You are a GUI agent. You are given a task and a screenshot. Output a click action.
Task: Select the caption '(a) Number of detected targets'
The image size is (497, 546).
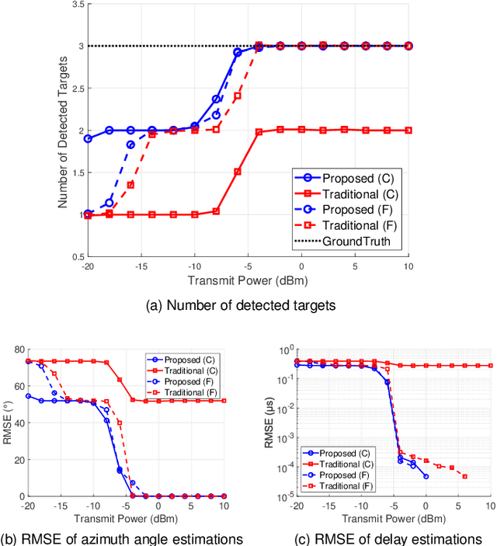(241, 306)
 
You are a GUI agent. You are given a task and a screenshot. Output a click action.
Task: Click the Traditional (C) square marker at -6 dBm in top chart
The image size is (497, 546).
(238, 171)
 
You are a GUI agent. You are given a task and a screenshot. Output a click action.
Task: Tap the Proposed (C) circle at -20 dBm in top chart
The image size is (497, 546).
(88, 138)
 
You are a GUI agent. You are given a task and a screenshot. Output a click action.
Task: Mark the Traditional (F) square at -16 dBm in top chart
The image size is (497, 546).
(130, 185)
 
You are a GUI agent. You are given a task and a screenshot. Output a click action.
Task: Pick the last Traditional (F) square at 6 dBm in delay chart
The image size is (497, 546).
(464, 476)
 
